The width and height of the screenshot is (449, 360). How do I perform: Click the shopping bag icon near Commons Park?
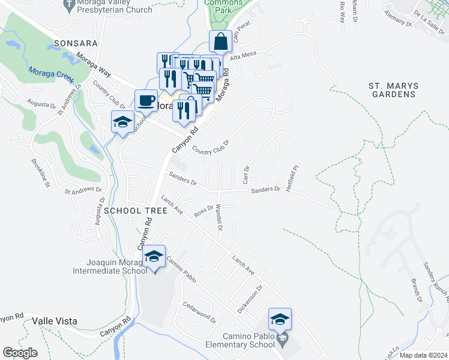click(x=221, y=42)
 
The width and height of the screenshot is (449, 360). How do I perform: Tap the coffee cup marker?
click(x=145, y=101)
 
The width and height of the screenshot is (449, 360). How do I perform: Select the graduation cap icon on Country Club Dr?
click(x=122, y=122)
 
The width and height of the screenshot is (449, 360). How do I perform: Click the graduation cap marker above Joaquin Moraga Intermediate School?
click(x=154, y=257)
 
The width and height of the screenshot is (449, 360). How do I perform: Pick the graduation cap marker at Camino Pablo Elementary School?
click(x=280, y=320)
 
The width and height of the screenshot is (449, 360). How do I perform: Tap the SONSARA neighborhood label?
click(x=75, y=44)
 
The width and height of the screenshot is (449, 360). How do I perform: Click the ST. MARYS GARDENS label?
click(x=393, y=90)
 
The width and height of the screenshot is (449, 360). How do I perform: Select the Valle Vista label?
click(x=55, y=321)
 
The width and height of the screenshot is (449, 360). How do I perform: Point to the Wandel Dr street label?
click(x=218, y=217)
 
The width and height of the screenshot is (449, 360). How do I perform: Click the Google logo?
click(x=20, y=353)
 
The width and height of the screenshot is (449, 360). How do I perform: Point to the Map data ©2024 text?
click(x=423, y=355)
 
